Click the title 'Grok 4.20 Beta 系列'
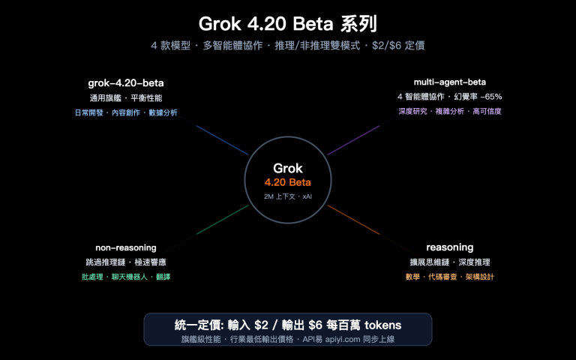click(x=288, y=22)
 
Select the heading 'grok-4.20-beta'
click(x=125, y=82)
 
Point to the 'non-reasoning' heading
click(x=125, y=247)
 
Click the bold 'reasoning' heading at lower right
click(x=449, y=247)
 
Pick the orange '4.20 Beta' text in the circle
click(x=287, y=182)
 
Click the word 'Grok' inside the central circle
click(x=287, y=168)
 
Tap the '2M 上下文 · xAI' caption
click(x=287, y=196)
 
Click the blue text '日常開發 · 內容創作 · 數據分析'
click(x=125, y=112)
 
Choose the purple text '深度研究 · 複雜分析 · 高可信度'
click(x=449, y=112)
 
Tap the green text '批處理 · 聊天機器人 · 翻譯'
click(x=125, y=277)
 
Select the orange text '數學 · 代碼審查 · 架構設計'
click(x=449, y=277)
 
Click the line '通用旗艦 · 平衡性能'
click(x=125, y=97)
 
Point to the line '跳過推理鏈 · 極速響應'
click(x=125, y=262)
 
